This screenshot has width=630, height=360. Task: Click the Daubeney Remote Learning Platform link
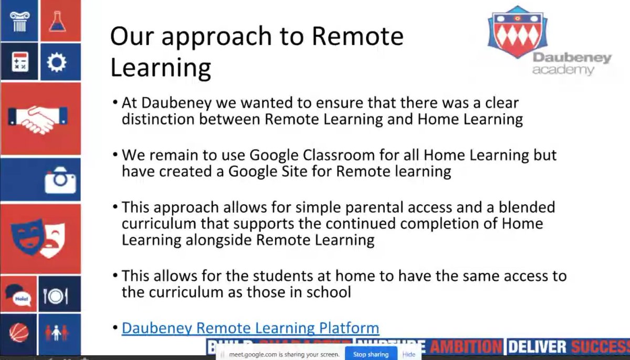point(250,329)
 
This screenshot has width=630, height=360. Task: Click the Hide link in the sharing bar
point(409,354)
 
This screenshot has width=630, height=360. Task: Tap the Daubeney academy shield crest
point(517,32)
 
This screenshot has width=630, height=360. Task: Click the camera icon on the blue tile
point(60,180)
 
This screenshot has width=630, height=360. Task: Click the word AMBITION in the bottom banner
point(466,347)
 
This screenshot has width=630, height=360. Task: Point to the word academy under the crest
point(563,70)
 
